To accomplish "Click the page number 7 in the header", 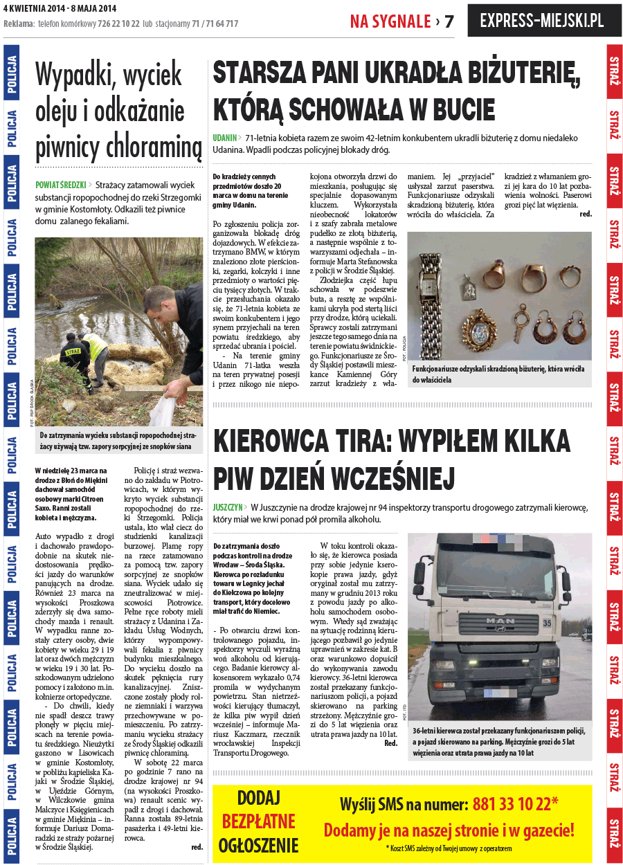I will click(449, 21).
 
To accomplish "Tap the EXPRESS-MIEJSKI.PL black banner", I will click(541, 21).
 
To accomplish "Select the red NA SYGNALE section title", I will click(390, 21).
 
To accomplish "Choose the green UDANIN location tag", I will click(225, 138).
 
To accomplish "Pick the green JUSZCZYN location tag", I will click(228, 507).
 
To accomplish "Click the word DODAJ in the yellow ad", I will click(258, 798).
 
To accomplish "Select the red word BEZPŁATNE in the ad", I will click(258, 821).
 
